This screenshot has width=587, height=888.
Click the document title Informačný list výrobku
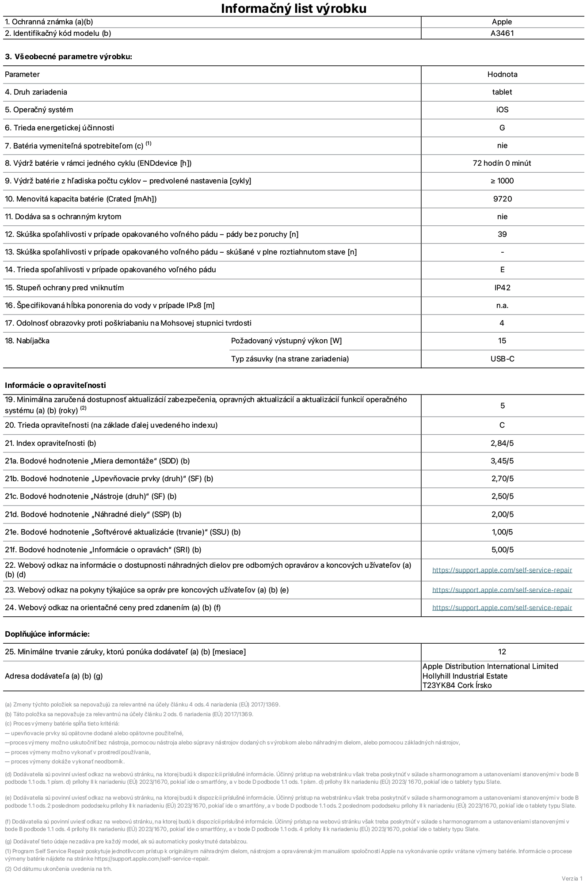coord(293,8)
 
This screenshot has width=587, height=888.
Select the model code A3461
coord(502,33)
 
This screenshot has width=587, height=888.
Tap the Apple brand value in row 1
coord(502,22)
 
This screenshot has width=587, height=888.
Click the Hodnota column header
coord(502,74)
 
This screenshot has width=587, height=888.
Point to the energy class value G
coord(502,128)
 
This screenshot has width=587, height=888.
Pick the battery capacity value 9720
coord(502,199)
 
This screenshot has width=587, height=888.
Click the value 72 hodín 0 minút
coord(502,163)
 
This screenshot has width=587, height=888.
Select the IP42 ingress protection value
coord(502,288)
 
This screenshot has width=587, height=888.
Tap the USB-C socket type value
coord(502,359)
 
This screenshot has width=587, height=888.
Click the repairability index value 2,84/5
coord(502,443)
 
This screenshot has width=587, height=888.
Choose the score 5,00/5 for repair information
coord(502,550)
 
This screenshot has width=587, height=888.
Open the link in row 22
coord(502,570)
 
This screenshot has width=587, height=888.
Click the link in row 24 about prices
coord(502,607)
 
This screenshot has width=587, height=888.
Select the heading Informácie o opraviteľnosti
coord(55,385)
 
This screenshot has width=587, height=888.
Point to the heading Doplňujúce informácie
coord(47,634)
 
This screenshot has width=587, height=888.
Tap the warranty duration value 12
coord(502,652)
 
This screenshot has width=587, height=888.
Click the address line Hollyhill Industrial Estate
coord(465,676)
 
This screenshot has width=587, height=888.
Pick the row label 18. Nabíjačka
coord(27,341)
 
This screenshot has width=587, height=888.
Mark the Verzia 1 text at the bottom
coord(572,878)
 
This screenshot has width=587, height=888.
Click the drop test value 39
coord(502,234)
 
